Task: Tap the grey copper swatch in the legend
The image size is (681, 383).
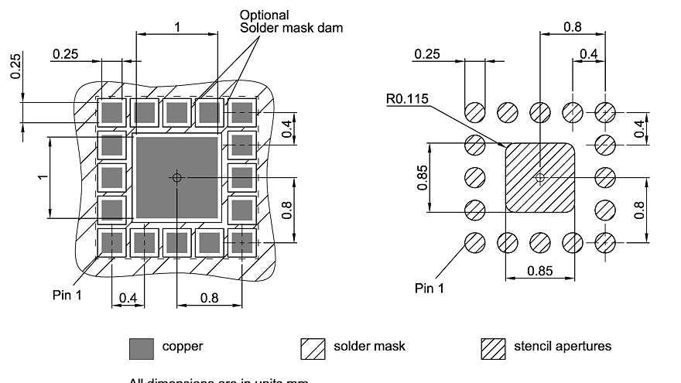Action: point(142,348)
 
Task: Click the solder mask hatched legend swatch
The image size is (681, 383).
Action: point(313,348)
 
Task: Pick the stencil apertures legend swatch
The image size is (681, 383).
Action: point(494,348)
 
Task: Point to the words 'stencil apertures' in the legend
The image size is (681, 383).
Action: point(563,346)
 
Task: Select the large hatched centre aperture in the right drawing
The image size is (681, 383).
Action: point(540,177)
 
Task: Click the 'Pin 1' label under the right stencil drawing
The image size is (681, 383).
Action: point(429,289)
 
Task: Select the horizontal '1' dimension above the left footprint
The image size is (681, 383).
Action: point(176,26)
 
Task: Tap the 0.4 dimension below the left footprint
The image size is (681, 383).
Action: point(128,298)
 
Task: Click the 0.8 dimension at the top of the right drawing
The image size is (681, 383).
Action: point(572,27)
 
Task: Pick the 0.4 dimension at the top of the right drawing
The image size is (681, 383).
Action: point(588,53)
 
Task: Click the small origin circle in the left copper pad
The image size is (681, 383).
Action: point(176,177)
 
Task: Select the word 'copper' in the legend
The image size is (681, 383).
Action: point(183,346)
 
